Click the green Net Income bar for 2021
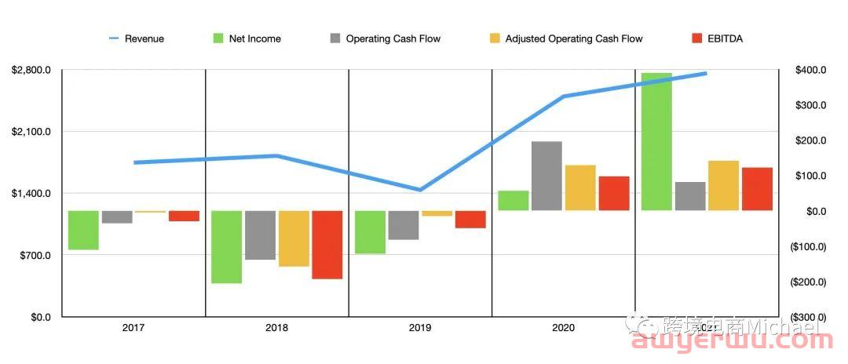[x=656, y=141]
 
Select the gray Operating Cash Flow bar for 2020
[x=546, y=176]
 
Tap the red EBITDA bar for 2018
[x=327, y=245]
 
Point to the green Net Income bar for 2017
[x=83, y=230]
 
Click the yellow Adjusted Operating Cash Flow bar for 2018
[x=294, y=238]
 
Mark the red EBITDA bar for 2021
[x=757, y=189]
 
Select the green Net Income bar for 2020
[x=513, y=200]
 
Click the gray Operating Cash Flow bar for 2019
[x=403, y=225]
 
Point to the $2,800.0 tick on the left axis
[x=31, y=71]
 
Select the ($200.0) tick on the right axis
[x=806, y=282]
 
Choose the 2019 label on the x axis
[x=420, y=327]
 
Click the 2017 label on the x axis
[x=133, y=327]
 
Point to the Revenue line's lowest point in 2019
[x=420, y=190]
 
